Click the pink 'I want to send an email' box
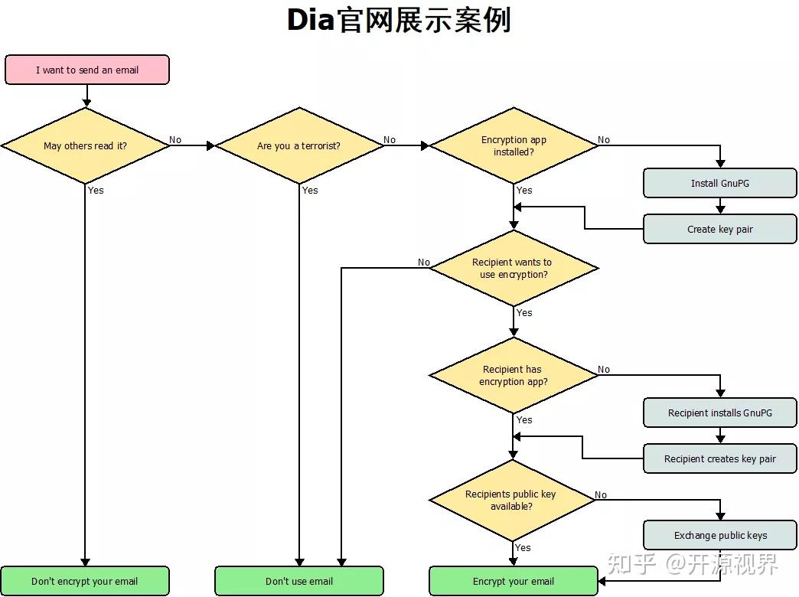86,70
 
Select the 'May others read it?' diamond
85,145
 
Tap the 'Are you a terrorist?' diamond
299,145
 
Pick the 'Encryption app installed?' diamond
514,145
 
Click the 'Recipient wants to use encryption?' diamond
514,268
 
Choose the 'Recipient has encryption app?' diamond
514,375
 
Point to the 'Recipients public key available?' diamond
511,500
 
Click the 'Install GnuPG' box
719,184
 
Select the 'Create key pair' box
719,229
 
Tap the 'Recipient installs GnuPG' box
719,413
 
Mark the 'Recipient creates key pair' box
719,458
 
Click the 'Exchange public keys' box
719,535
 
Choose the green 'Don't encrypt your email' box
85,581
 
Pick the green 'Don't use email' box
299,581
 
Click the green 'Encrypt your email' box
514,581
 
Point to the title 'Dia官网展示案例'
399,21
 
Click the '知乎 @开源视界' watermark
692,565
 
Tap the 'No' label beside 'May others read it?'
175,140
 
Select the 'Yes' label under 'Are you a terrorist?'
310,190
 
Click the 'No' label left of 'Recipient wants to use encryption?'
424,263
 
